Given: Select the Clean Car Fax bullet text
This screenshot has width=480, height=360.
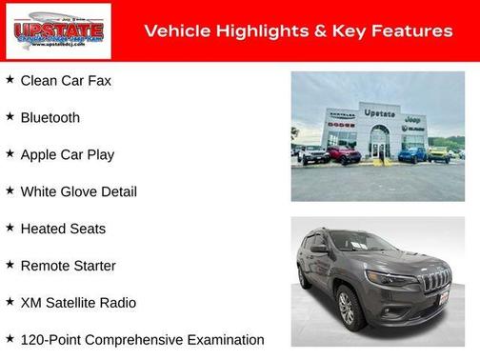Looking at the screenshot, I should click(x=66, y=81).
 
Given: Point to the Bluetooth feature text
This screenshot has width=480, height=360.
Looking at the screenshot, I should click(x=50, y=118).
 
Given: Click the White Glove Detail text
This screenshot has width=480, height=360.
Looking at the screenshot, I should click(x=78, y=191).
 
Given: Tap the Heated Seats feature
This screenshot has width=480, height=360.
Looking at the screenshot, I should click(x=63, y=229).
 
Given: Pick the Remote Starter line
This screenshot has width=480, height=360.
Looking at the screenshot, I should click(x=68, y=266).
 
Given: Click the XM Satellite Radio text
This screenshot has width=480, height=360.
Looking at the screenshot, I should click(x=78, y=303).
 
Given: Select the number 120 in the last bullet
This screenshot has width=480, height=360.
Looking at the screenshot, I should click(x=33, y=340).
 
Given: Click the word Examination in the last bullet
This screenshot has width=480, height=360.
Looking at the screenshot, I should click(x=225, y=340).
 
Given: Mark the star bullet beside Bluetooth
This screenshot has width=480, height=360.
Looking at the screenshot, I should click(x=10, y=116).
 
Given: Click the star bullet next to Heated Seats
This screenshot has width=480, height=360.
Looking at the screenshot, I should click(x=10, y=228).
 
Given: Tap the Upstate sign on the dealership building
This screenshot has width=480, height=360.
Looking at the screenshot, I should click(x=379, y=113).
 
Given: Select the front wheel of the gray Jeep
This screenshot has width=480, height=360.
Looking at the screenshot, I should click(x=346, y=308).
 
